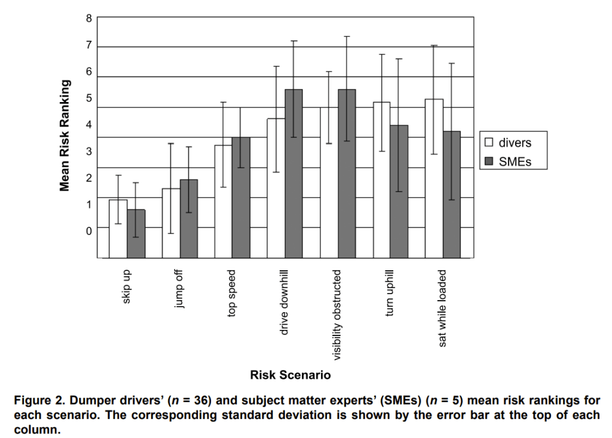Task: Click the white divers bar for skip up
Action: click(118, 229)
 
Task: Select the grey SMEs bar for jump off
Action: click(189, 218)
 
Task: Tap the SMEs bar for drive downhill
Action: click(293, 173)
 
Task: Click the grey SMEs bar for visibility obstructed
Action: click(347, 173)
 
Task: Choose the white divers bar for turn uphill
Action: click(381, 180)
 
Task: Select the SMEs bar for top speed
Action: click(241, 197)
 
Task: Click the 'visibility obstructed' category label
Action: click(338, 314)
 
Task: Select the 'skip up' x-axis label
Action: click(127, 287)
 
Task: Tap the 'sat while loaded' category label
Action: click(443, 308)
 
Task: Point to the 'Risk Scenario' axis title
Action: click(290, 375)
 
